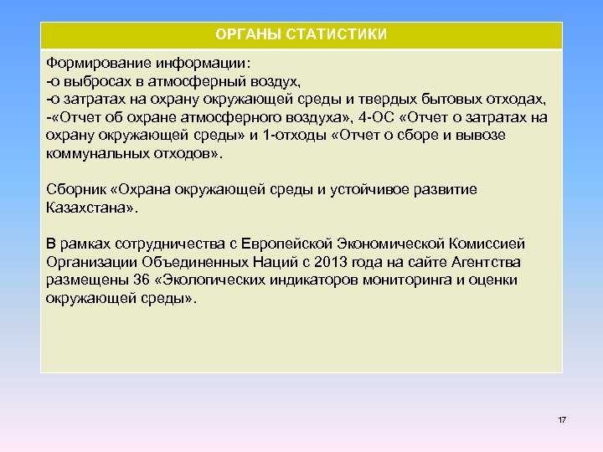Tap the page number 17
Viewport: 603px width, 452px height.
tap(562, 419)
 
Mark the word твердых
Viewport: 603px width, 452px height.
tap(386, 99)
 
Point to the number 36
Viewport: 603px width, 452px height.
tap(133, 280)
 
